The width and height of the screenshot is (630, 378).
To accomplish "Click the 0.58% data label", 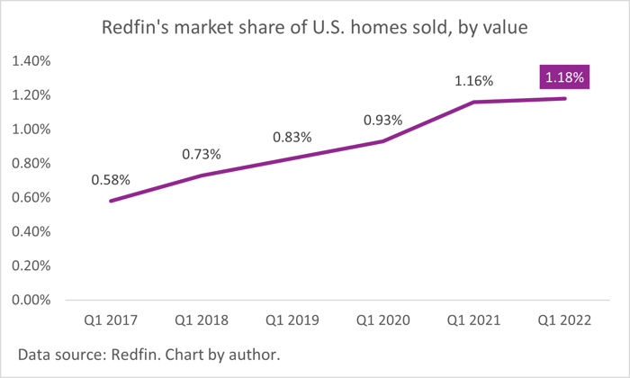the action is [111, 180].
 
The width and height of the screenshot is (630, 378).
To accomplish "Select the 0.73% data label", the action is [202, 154].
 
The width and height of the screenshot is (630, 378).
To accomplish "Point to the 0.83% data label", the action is [292, 138].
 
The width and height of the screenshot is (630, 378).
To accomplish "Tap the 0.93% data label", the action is [382, 120].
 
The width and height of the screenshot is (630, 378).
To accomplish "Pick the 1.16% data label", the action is [473, 81].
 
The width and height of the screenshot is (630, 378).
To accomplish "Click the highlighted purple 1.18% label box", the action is [564, 76].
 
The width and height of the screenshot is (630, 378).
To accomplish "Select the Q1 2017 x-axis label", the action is [111, 320].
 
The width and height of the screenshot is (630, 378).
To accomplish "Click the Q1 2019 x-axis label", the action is [292, 320].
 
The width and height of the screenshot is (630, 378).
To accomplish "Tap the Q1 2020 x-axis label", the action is [382, 320].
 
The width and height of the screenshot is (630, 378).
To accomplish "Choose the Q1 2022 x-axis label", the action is [564, 320].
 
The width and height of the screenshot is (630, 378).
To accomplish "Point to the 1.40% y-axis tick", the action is [31, 61].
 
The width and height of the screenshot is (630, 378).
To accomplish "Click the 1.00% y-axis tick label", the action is [31, 130].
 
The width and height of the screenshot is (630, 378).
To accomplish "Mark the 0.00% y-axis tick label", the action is [31, 300].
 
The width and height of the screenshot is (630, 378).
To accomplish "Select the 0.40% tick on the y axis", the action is [31, 232].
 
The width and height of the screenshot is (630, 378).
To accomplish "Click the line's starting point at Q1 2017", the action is [111, 201].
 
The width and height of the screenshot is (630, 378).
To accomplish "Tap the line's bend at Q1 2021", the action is [474, 102].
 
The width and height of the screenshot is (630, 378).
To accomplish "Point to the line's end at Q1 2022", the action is [565, 98].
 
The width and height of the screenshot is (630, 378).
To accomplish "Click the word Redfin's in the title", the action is [135, 27].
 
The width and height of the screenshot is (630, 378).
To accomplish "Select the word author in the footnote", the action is [254, 355].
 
